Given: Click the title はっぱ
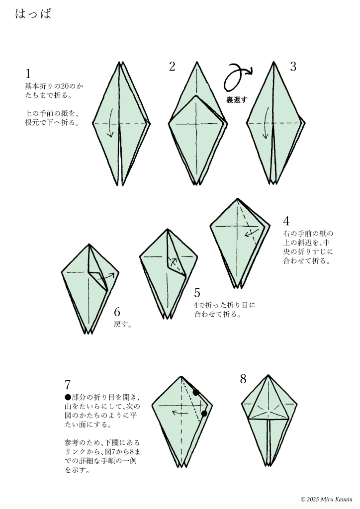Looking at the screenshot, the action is [x=33, y=14].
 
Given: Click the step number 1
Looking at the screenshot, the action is [x=28, y=74].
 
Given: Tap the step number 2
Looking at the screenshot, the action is [x=172, y=67].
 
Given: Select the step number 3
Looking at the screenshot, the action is [x=293, y=67].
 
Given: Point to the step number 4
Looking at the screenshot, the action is [x=286, y=221].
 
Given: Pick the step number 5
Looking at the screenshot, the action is [x=197, y=293].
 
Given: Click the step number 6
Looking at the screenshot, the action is [x=117, y=312].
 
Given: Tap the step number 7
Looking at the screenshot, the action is [x=68, y=385].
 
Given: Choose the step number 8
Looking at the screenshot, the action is [x=243, y=379].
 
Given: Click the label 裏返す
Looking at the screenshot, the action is [x=237, y=100].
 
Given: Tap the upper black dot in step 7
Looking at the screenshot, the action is [x=196, y=393].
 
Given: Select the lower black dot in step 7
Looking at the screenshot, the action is [x=204, y=413].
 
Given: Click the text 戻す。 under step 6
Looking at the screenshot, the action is [x=123, y=324].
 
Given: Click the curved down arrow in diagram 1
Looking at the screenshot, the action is [x=111, y=123].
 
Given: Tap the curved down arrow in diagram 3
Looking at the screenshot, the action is [x=266, y=123].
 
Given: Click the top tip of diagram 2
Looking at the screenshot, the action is [x=197, y=62].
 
